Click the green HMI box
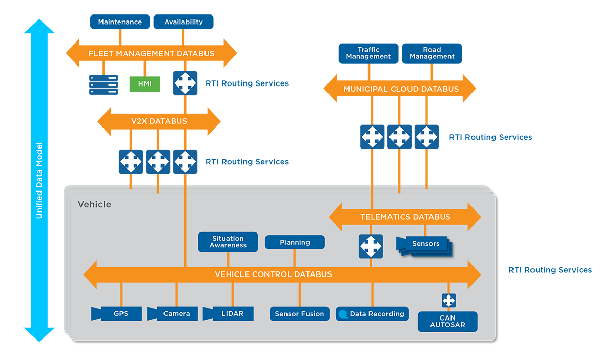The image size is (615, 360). [145, 84]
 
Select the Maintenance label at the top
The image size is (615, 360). [120, 22]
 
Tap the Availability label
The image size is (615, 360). [183, 22]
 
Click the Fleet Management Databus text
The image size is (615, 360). [151, 53]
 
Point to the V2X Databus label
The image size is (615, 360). [159, 121]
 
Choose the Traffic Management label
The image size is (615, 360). [368, 53]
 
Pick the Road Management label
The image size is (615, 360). [432, 53]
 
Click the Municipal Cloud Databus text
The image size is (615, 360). [401, 89]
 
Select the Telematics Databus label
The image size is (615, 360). [405, 217]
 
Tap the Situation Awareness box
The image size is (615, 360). [228, 242]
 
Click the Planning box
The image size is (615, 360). [295, 242]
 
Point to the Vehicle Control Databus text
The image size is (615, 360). [273, 274]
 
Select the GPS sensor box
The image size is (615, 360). [120, 313]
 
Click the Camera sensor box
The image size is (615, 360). [176, 313]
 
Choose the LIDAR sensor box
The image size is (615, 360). [232, 313]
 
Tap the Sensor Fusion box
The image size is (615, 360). [299, 314]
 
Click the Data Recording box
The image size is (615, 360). [372, 314]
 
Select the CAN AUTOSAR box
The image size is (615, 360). [448, 321]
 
